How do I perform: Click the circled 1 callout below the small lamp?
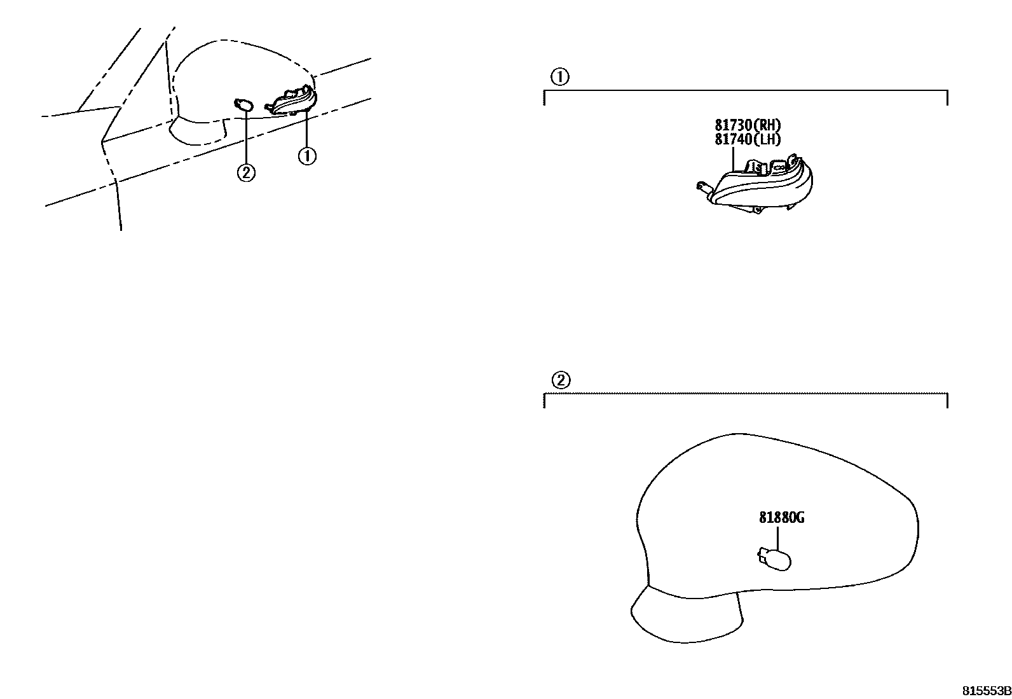tap(307, 155)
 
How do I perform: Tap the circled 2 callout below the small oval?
tap(246, 172)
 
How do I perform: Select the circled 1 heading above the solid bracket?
tap(559, 78)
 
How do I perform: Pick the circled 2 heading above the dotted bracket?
tap(560, 380)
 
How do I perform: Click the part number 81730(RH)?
tap(748, 125)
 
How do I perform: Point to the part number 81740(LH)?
tap(748, 139)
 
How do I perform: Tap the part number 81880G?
tap(781, 518)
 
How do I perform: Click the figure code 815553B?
tap(985, 690)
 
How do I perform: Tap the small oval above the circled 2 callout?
tap(243, 105)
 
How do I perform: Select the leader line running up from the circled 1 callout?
tap(307, 127)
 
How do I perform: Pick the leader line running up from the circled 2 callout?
tap(245, 140)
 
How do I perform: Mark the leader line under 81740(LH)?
tap(734, 158)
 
